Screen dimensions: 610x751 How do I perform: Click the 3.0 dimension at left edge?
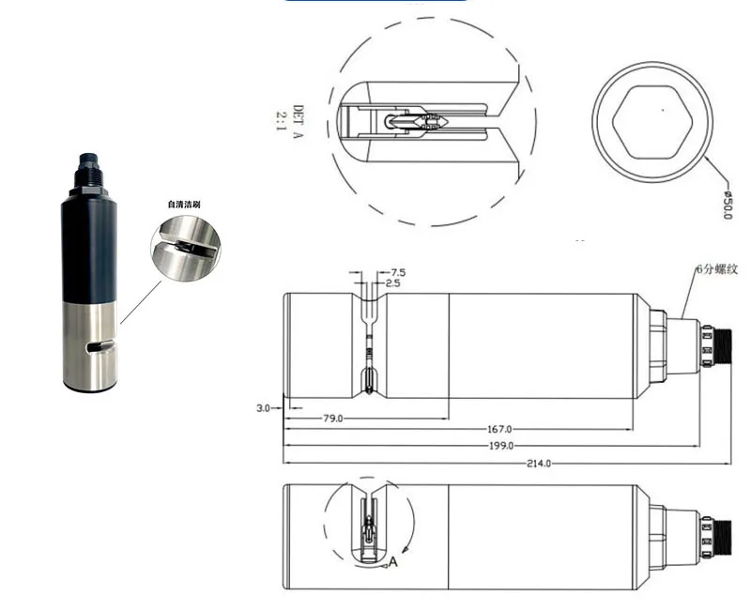click(263, 408)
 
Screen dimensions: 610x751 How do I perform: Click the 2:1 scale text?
click(280, 121)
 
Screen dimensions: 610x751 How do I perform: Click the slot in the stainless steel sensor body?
click(100, 347)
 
